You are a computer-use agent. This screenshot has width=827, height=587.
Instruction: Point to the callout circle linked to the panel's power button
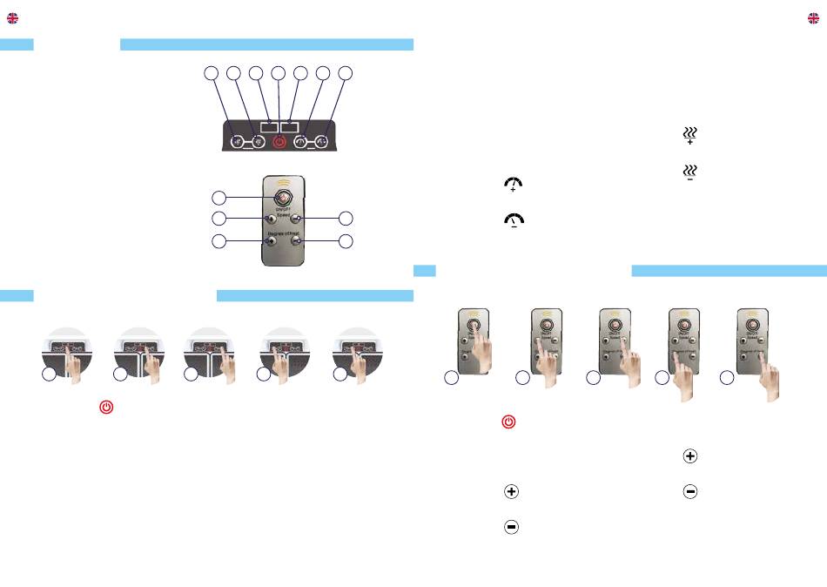coord(278,75)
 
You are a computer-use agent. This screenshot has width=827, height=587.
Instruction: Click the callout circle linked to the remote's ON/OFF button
coord(221,197)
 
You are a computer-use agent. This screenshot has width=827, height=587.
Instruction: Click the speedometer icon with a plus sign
coord(513,184)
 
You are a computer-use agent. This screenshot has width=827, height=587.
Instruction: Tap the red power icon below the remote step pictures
coord(509,422)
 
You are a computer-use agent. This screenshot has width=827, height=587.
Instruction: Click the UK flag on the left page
coord(12,18)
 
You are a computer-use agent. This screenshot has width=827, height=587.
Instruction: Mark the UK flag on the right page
coord(814,18)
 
